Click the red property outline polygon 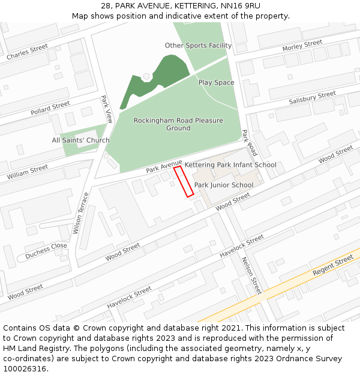pos(184,182)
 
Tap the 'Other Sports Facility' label pos(198,46)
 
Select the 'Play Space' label pos(216,83)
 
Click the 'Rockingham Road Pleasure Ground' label pos(178,124)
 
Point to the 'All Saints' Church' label pos(80,140)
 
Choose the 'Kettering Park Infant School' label pos(230,165)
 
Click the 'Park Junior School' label pos(224,185)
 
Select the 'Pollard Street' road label pos(50,109)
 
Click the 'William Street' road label pos(28,173)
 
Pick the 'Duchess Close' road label pos(46,250)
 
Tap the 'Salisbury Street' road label pos(312,98)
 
